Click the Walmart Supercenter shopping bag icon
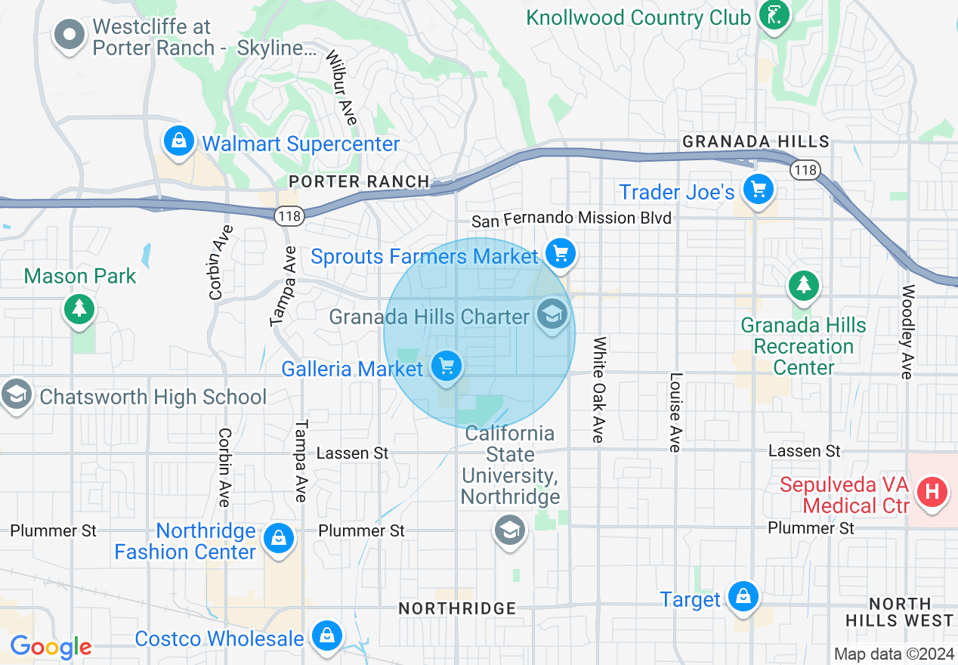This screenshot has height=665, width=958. [x=179, y=141]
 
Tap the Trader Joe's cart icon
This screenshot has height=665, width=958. [x=758, y=189]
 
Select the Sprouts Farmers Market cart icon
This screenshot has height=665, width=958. [x=560, y=254]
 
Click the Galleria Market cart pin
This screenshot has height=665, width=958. [x=447, y=367]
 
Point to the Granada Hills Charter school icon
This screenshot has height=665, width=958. [x=552, y=314]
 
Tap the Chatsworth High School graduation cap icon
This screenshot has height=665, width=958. [x=15, y=394]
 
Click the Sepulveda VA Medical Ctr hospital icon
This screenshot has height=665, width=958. [x=932, y=493]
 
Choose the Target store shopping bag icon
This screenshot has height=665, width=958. [x=743, y=596]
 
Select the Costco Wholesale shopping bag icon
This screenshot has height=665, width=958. [x=326, y=636]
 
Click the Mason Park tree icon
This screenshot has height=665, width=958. [x=79, y=308]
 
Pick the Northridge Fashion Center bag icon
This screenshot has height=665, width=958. [x=279, y=539]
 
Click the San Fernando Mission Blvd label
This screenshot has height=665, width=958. [x=571, y=219]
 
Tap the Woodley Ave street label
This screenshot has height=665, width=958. [x=908, y=331]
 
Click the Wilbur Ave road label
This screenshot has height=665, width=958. [x=341, y=88]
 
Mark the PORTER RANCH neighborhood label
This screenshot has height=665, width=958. [x=360, y=181]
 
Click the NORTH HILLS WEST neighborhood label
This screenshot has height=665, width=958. [x=899, y=613]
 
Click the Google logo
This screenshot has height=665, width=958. [x=51, y=647]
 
